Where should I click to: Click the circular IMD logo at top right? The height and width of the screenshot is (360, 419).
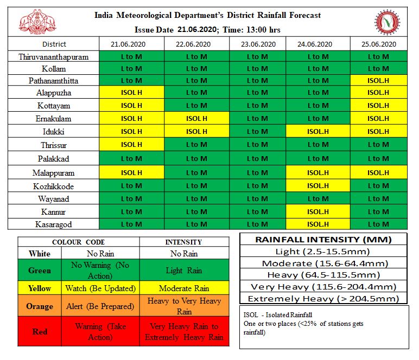click(x=388, y=22)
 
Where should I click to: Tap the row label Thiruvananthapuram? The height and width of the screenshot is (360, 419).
click(x=53, y=56)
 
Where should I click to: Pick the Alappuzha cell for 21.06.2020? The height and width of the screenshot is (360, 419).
click(x=131, y=93)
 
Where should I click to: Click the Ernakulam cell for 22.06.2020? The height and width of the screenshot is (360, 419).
click(x=196, y=119)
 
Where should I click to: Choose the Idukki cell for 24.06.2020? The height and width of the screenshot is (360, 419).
click(x=318, y=132)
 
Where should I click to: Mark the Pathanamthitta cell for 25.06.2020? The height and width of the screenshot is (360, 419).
click(x=378, y=81)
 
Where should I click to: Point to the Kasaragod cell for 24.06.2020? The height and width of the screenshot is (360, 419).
click(x=318, y=224)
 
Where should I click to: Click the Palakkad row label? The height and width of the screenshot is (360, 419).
click(x=53, y=159)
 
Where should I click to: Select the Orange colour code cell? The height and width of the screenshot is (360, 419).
click(x=40, y=306)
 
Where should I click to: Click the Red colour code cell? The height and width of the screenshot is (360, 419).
click(x=40, y=331)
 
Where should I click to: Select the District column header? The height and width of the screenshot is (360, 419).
click(x=53, y=44)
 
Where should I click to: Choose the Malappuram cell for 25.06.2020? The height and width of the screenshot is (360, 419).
click(x=378, y=173)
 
